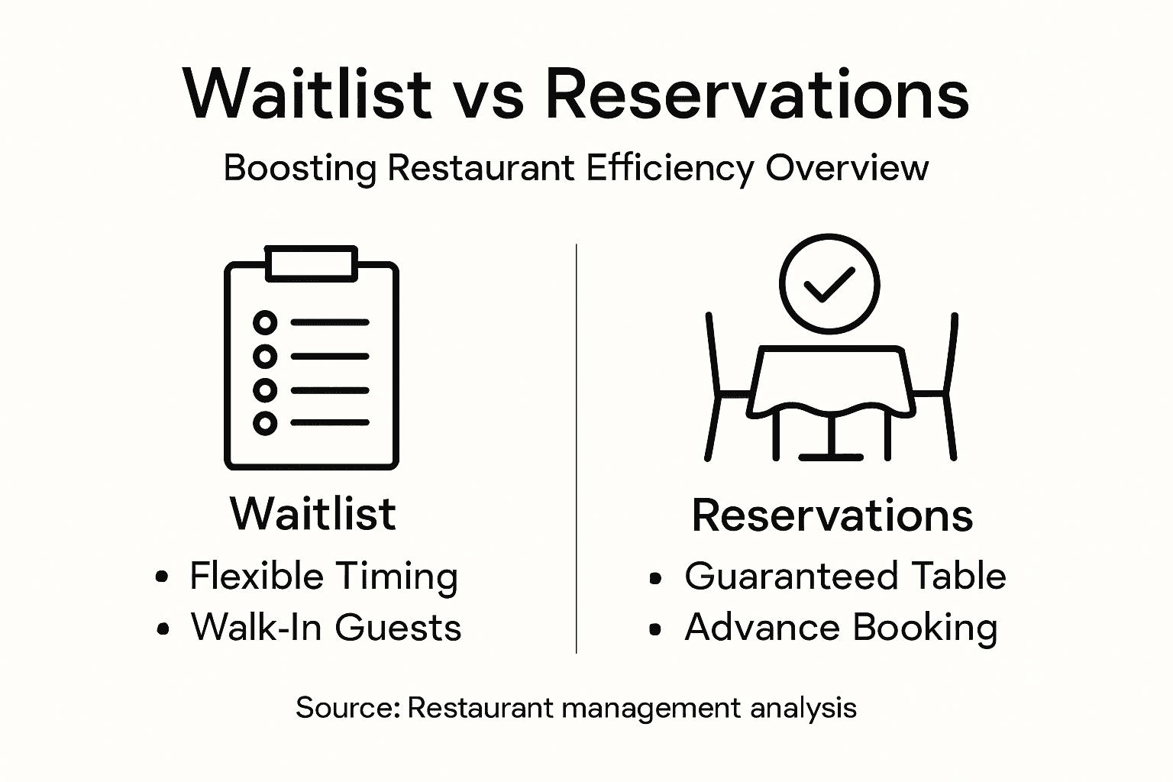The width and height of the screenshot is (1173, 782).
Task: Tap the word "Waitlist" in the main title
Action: point(308,94)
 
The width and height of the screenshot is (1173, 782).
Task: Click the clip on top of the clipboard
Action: point(311,263)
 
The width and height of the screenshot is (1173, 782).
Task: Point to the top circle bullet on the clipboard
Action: point(264,322)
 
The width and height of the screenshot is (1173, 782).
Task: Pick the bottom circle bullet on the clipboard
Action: point(264,422)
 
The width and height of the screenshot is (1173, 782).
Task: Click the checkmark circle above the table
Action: point(829,283)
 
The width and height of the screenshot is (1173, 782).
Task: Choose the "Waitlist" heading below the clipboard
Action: point(313,513)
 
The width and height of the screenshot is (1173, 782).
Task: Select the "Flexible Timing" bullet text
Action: point(324,577)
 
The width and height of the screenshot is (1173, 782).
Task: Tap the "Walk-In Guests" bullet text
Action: point(326,628)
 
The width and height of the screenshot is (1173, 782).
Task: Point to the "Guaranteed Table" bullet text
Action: point(845,577)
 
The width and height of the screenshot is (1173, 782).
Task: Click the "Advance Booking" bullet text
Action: point(841,628)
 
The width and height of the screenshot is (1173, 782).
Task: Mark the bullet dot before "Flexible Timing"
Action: point(161,578)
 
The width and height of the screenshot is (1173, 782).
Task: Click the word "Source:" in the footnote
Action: point(348,708)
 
